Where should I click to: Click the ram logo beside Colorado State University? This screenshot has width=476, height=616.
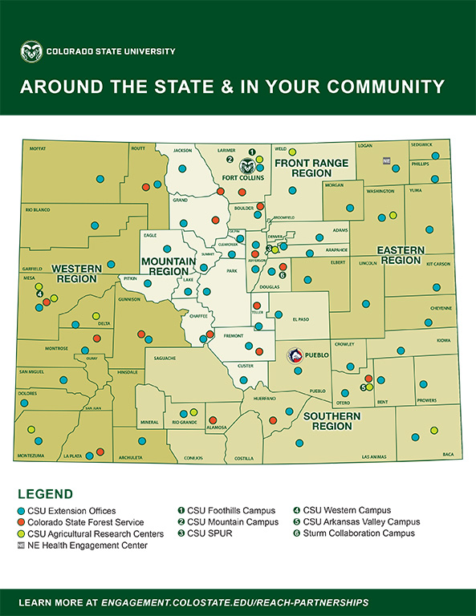tap(31, 52)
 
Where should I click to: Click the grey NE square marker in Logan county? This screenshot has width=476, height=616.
tap(386, 160)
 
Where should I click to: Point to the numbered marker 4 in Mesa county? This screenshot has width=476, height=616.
tap(39, 294)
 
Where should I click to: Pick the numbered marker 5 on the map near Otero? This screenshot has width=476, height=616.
tap(363, 387)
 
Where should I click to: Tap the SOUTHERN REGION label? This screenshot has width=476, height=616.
tap(332, 421)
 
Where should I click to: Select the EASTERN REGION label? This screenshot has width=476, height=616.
tap(401, 255)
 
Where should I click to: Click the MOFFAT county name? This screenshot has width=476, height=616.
tap(38, 148)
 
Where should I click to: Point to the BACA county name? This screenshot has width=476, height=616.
tap(448, 455)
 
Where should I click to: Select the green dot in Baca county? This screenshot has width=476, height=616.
tap(433, 431)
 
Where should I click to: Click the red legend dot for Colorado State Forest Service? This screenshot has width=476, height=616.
tap(22, 522)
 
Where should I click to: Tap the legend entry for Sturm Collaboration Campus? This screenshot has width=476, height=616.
tap(353, 533)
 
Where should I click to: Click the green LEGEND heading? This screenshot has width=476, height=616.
tap(45, 494)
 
